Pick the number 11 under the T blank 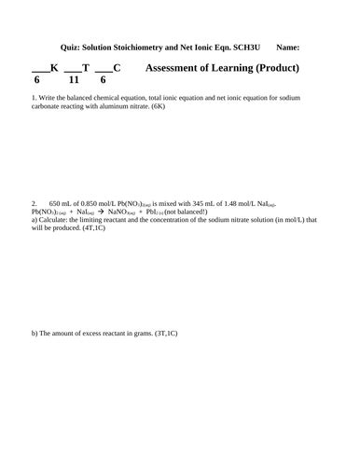point(75,81)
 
